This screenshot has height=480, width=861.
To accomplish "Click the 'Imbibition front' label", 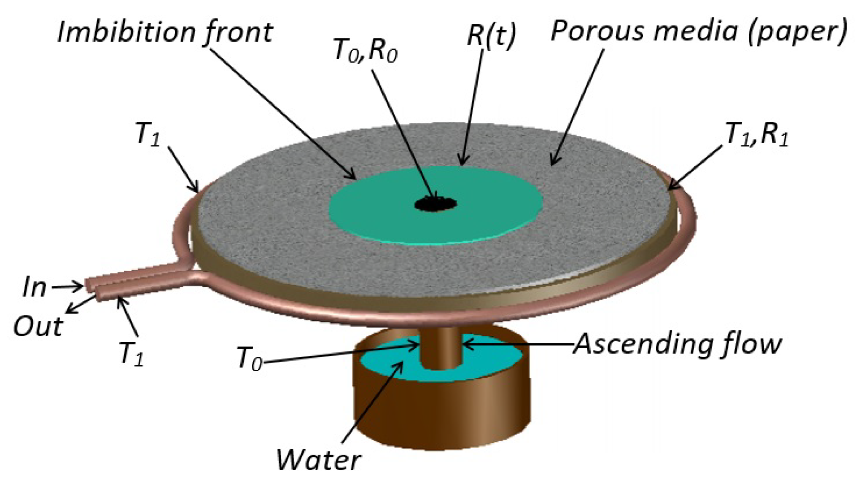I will pos(165,32).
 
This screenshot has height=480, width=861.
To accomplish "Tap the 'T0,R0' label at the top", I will pos(365,50).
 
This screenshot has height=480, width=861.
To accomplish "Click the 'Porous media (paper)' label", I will pos(698,31).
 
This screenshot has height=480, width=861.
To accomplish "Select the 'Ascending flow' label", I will pos(678,344).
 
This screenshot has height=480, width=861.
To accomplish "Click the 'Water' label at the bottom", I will pos(318,459).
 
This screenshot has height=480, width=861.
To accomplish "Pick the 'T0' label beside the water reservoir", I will pos(249,359).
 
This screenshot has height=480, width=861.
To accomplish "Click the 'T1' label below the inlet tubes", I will pos(131,353).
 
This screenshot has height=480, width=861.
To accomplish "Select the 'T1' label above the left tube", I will pos(147,134).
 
